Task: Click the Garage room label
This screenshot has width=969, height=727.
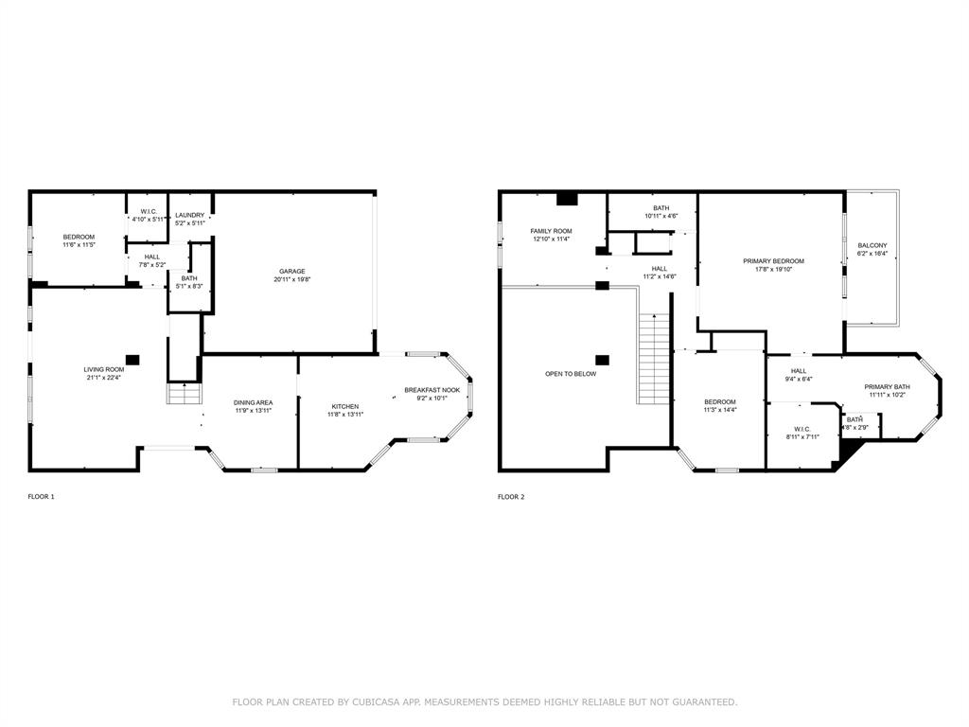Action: click(291, 272)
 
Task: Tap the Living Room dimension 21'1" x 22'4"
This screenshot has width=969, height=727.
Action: click(103, 378)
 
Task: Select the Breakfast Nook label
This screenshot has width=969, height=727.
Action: click(432, 390)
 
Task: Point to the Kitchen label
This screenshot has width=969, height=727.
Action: click(344, 406)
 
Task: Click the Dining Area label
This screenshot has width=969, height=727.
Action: click(253, 403)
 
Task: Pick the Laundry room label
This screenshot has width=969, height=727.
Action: click(189, 215)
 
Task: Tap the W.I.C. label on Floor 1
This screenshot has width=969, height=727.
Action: click(149, 211)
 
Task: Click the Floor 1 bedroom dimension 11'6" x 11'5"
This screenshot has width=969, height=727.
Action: click(79, 245)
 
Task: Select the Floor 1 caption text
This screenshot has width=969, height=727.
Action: click(41, 497)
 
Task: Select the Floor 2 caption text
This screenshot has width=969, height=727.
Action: click(511, 497)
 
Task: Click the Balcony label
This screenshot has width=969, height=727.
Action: click(872, 245)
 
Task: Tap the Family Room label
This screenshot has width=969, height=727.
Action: click(551, 231)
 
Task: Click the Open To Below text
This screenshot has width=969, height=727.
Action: click(571, 374)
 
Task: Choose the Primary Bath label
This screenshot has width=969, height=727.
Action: click(887, 386)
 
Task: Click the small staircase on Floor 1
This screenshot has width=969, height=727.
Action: click(185, 394)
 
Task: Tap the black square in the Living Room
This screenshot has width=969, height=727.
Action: click(132, 360)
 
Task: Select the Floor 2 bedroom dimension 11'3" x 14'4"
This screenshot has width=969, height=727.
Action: click(719, 410)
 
